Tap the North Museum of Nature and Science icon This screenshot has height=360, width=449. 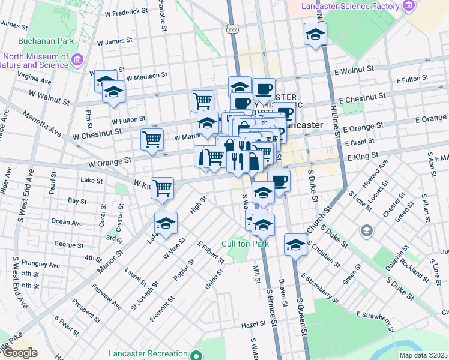77,60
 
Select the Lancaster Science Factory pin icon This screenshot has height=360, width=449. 409,7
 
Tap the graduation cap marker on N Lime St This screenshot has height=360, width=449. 315,36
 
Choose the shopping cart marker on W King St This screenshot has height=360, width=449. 163,188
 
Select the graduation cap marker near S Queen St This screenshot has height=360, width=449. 295,245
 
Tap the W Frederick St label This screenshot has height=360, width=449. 126,11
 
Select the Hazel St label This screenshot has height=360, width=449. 253,324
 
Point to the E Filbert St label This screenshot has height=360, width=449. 210,251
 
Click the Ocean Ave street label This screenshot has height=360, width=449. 67,221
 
